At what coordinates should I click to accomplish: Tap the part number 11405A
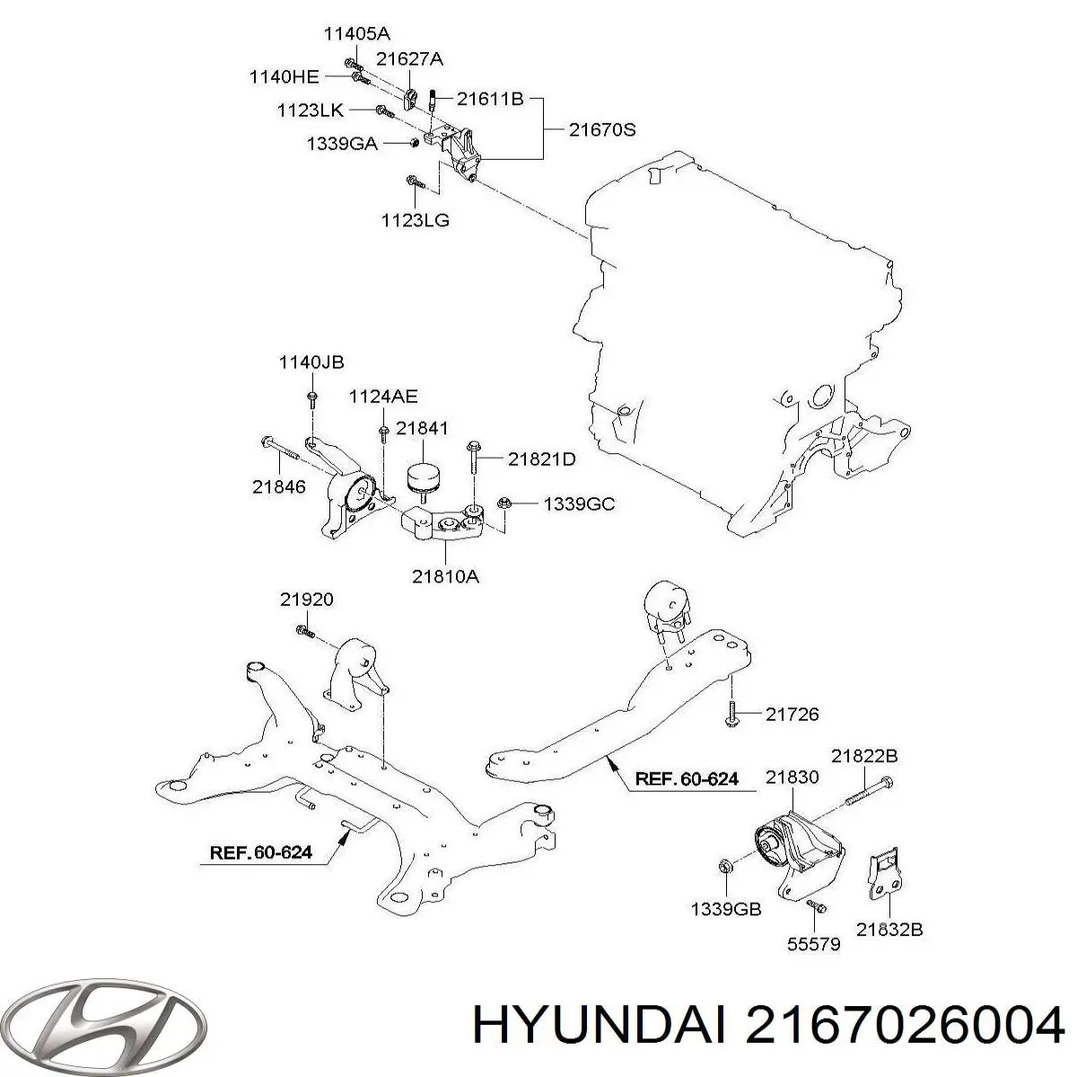(357, 35)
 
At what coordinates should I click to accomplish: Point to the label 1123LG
(415, 219)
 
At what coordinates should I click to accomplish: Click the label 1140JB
(311, 363)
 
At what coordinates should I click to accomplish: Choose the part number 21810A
(445, 577)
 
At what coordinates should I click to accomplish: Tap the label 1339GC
(578, 504)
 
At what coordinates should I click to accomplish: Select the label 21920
(306, 600)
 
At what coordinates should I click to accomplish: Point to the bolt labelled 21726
(731, 714)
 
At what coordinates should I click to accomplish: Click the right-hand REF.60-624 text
(687, 779)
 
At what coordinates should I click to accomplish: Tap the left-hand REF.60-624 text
(261, 852)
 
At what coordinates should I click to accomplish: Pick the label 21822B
(863, 756)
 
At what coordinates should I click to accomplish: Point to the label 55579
(813, 944)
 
